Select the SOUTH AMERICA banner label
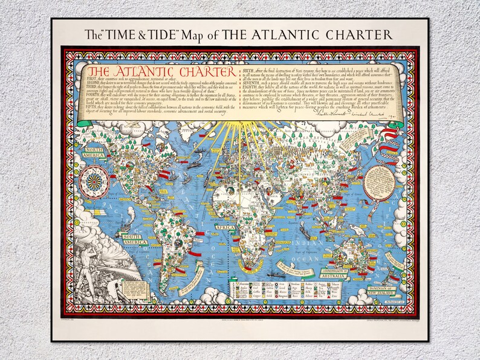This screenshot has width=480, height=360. coord(133,238)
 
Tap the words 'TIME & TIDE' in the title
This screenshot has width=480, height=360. coord(137,34)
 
